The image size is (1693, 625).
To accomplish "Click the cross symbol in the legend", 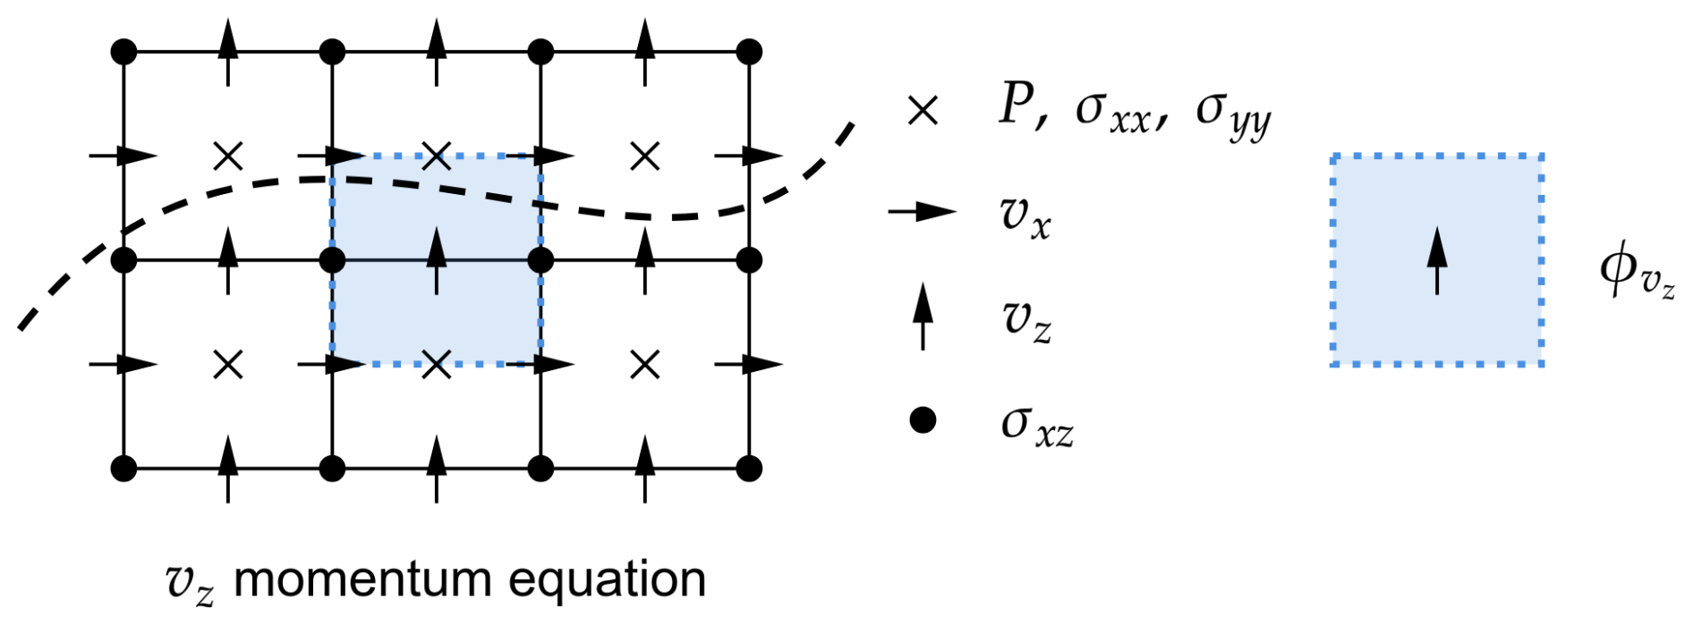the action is tap(923, 111).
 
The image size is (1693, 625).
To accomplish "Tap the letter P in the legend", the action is tap(1018, 106).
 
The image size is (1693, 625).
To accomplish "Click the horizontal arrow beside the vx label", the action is tap(922, 212).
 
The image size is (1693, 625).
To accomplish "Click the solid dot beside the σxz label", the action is tap(923, 419).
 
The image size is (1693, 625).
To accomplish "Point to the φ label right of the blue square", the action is tap(1637, 270).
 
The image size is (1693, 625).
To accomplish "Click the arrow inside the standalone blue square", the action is tap(1437, 260).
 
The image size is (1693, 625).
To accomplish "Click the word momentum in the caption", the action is tap(362, 579).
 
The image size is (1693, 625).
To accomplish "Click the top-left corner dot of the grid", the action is tap(123, 52).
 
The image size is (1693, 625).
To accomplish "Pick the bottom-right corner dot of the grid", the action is tap(749, 468).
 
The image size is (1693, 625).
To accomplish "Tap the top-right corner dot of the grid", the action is tap(749, 52).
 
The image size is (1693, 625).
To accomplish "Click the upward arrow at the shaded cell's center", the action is tap(437, 260).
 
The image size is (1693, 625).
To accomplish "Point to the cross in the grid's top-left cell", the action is tap(228, 156).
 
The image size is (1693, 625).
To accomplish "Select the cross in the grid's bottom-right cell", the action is tap(645, 364).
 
